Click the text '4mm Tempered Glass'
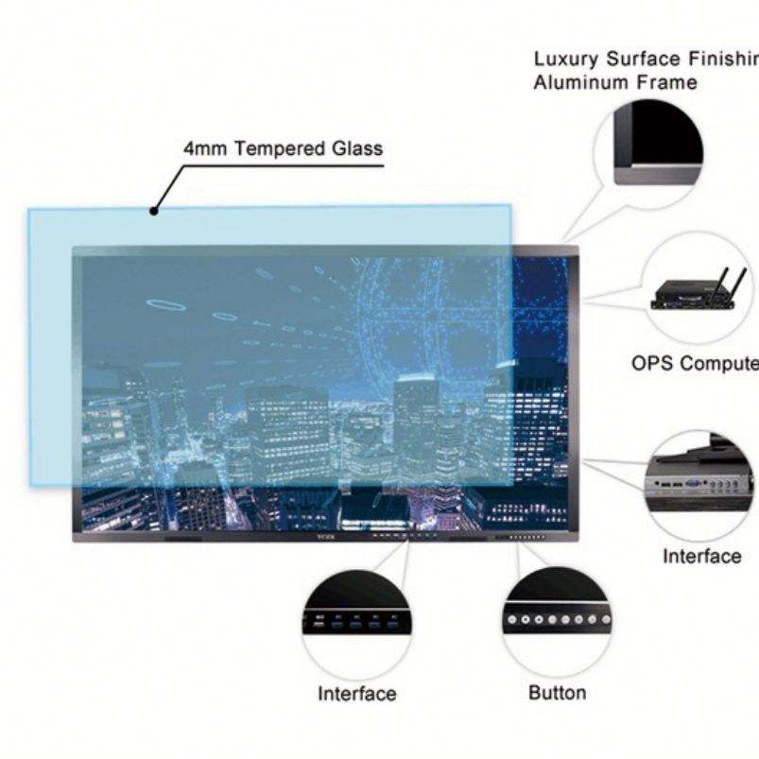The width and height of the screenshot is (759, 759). [x=283, y=148]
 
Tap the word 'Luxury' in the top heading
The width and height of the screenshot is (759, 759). [x=565, y=60]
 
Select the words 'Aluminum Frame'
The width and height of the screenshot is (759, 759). [x=615, y=83]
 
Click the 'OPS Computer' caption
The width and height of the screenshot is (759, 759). [x=695, y=364]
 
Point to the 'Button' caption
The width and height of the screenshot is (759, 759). [x=557, y=693]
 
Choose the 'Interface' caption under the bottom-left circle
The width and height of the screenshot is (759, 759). [x=356, y=694]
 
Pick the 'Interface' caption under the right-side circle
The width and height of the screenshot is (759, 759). [x=701, y=556]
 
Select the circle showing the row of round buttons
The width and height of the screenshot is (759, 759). [x=556, y=619]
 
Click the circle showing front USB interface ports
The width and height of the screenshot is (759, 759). [x=357, y=622]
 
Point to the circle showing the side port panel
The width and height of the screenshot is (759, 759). [x=700, y=485]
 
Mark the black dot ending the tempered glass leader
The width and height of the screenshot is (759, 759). [x=153, y=210]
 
